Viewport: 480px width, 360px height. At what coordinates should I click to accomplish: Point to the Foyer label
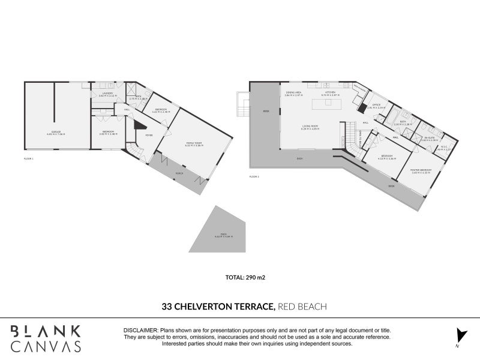click(148, 135)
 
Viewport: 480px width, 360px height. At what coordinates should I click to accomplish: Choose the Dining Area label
click(293, 94)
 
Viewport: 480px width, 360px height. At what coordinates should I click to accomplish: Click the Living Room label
click(310, 127)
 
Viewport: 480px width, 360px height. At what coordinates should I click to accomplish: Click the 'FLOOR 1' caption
click(29, 158)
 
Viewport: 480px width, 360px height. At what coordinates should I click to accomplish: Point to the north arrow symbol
click(460, 336)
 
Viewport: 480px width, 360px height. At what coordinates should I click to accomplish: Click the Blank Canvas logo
click(46, 338)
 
